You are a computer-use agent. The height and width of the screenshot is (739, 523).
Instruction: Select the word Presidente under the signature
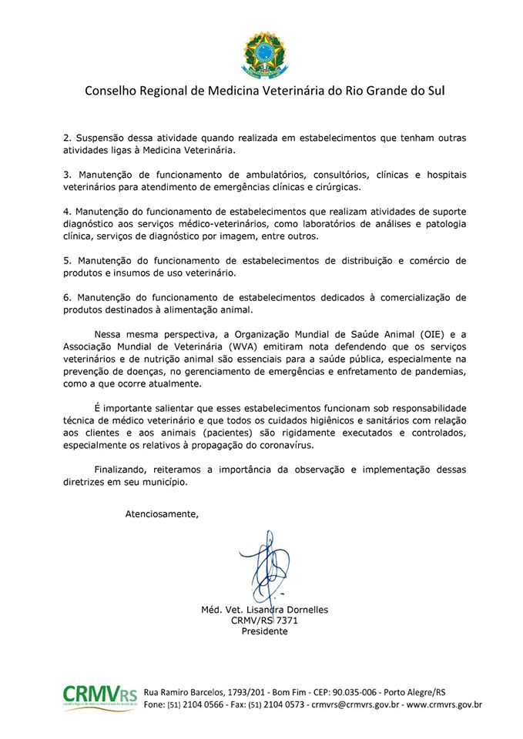pyautogui.click(x=264, y=631)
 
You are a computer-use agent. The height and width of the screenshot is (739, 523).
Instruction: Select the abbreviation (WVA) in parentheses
pyautogui.click(x=219, y=346)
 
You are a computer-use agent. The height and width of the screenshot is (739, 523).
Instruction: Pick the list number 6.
pyautogui.click(x=66, y=297)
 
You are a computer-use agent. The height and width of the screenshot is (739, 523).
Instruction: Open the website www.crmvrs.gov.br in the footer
pyautogui.click(x=444, y=704)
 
